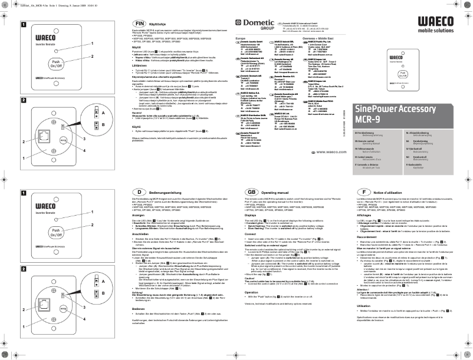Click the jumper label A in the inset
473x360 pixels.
87,111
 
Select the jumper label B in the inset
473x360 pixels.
87,125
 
